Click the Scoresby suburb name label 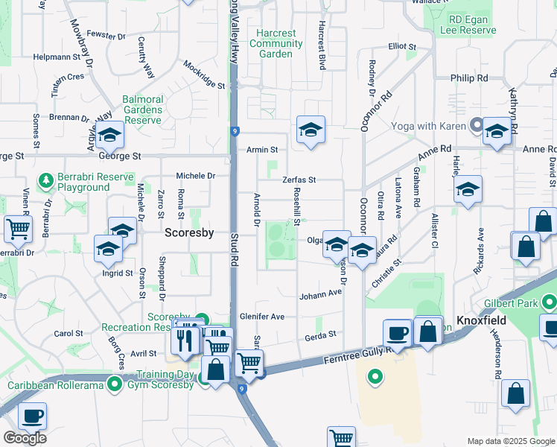pos(189,232)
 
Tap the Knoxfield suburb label pos(481,320)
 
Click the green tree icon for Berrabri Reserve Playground pos(45,180)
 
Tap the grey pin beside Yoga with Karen pos(475,126)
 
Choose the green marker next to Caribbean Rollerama pos(114,384)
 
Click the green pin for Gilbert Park pos(550,302)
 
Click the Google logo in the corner pos(25,438)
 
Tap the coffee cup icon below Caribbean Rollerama pos(32,416)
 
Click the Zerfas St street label pos(299,180)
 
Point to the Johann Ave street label pos(320,295)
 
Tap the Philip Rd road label pos(469,77)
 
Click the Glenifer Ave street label pos(267,317)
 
